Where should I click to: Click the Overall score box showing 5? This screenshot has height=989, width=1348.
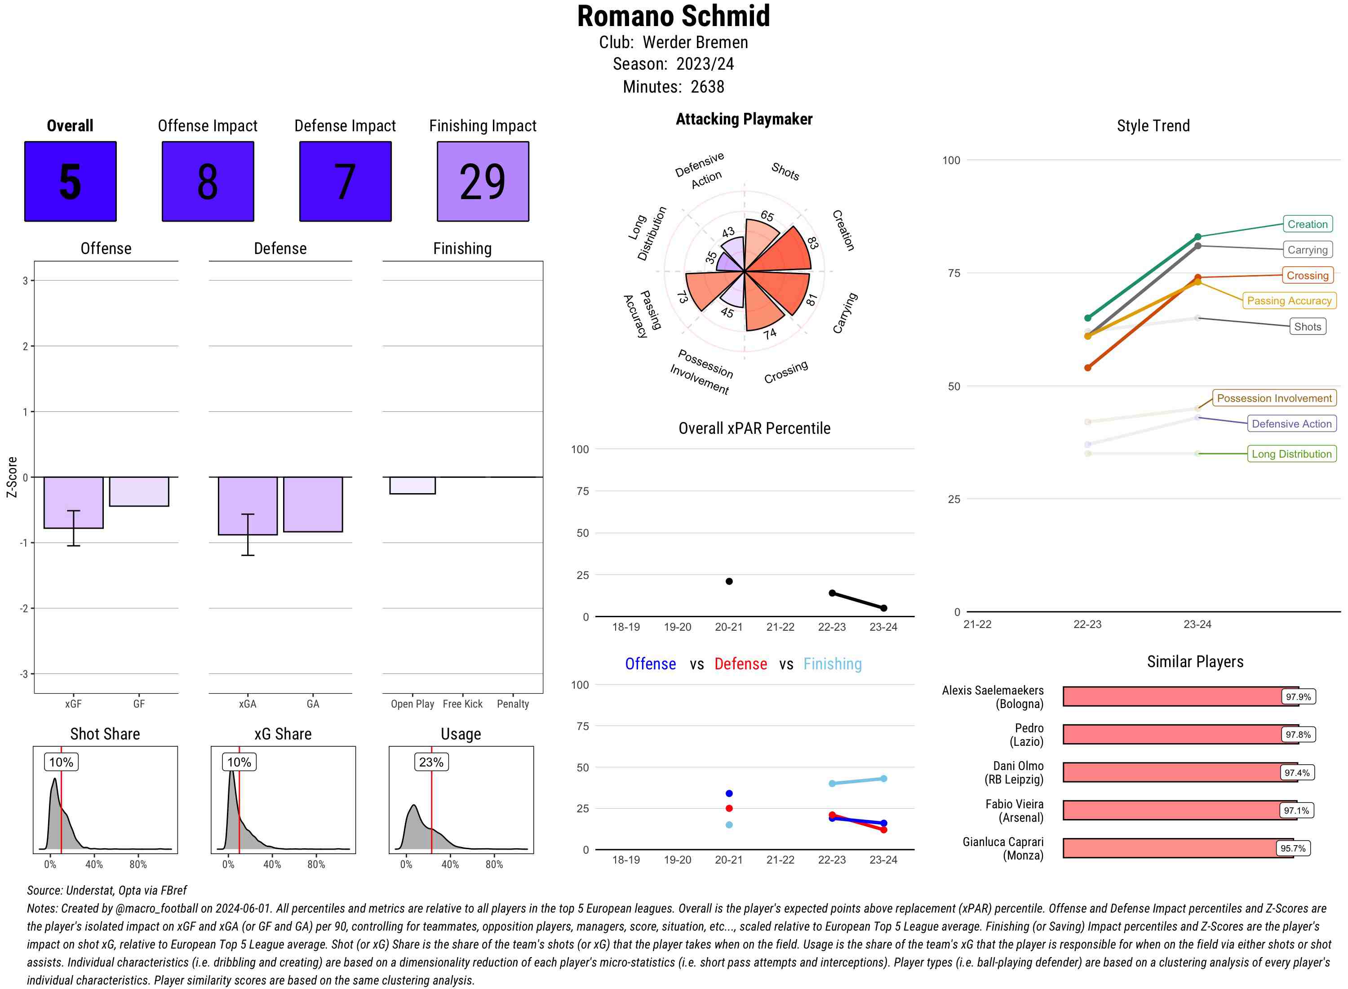tap(70, 182)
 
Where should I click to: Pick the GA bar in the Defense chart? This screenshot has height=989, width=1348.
tap(312, 504)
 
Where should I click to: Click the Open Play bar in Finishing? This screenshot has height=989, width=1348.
tap(412, 486)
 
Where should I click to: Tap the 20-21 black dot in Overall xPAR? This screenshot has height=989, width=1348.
tap(729, 581)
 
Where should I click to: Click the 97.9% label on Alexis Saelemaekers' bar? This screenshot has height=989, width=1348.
tap(1298, 697)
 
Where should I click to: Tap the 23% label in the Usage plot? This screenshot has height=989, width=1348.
tap(431, 762)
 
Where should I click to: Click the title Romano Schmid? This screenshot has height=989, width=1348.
tap(673, 17)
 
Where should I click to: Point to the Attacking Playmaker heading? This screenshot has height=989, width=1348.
tap(744, 119)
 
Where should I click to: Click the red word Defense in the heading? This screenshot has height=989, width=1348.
tap(740, 664)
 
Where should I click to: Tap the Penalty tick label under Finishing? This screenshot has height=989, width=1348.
tap(513, 704)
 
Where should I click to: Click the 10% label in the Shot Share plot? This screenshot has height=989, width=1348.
tap(61, 762)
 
